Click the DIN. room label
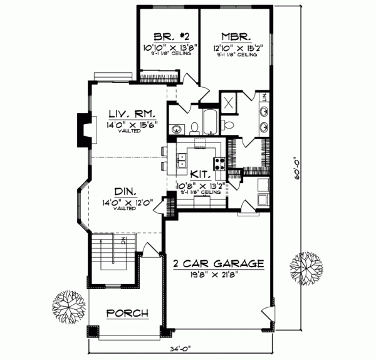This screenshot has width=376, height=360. click(125, 192)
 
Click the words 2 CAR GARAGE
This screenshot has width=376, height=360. click(217, 263)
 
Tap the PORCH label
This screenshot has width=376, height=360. click(127, 313)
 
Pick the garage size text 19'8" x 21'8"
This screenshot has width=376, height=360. click(217, 273)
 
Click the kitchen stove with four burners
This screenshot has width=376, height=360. click(220, 164)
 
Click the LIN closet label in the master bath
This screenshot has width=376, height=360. click(264, 97)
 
